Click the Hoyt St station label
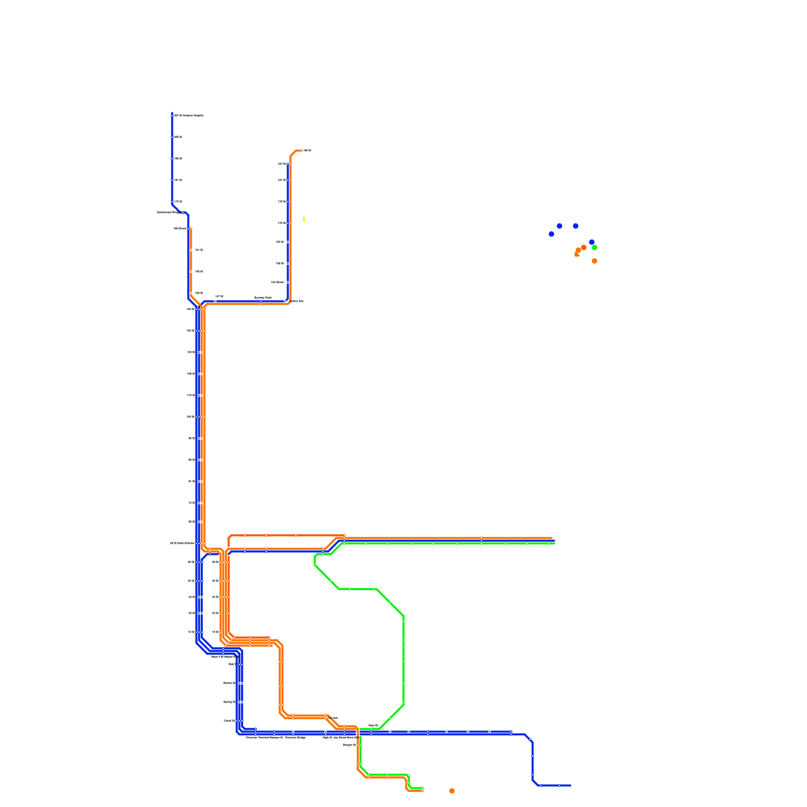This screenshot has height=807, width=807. point(373,725)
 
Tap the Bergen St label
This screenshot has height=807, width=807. point(350,744)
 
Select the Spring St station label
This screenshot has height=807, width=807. point(229,702)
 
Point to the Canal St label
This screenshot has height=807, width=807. point(229,721)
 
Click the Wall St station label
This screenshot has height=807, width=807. point(232,664)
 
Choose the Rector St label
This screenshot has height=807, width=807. point(229,683)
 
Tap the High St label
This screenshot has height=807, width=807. point(327,737)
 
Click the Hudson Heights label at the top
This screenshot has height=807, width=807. point(189,116)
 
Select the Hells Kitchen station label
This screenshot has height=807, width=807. point(182,543)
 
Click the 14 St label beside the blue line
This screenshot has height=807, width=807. point(191,631)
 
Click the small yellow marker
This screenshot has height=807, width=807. point(304,219)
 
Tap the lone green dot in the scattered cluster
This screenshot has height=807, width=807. point(595,248)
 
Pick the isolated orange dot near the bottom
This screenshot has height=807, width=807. point(452,791)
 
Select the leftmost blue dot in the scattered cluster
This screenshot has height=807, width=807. point(551,234)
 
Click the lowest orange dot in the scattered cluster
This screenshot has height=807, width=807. point(594,261)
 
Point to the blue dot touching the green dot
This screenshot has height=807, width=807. point(592,242)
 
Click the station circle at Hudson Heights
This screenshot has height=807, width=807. point(172,116)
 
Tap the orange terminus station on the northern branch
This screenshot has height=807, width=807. point(301,150)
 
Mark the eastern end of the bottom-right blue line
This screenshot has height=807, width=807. point(570,785)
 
